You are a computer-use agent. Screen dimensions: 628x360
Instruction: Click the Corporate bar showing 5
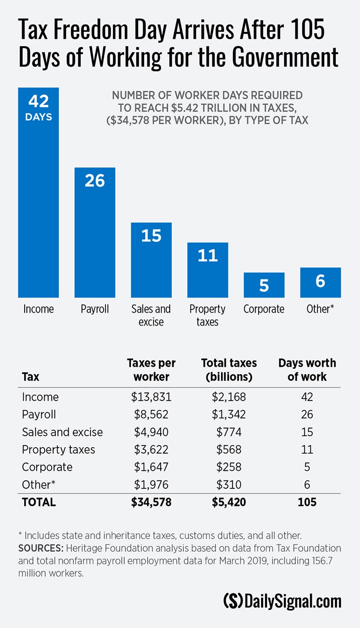tap(264, 285)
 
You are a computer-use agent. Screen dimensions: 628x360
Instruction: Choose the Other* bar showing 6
tap(320, 282)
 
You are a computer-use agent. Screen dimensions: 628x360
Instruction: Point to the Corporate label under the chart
tap(264, 309)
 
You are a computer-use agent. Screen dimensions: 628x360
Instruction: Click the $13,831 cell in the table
tap(151, 397)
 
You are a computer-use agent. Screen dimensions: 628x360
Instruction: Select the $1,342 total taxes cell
tap(228, 414)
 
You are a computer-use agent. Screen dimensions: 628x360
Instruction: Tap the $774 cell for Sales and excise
tap(228, 432)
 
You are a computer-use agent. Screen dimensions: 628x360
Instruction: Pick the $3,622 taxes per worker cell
tap(151, 450)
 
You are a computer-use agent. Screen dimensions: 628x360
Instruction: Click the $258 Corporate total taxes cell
tap(228, 467)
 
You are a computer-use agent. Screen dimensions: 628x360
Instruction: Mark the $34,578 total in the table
tap(151, 502)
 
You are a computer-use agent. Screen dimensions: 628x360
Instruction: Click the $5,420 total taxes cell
tap(228, 502)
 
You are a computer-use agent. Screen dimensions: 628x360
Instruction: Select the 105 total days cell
tap(307, 502)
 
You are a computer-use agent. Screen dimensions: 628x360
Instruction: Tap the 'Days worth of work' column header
tap(307, 369)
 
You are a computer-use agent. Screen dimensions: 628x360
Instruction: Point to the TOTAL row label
tap(39, 502)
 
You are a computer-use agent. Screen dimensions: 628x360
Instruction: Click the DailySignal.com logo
tap(282, 601)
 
